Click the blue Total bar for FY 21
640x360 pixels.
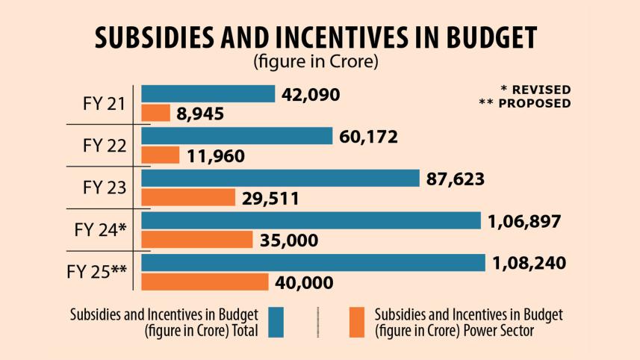[x=208, y=93]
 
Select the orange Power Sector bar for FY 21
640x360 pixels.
[x=156, y=113]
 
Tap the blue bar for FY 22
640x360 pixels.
[x=237, y=136]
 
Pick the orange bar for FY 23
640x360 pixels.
[x=188, y=197]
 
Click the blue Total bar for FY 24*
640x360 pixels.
[x=311, y=220]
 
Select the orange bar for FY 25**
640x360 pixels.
[x=205, y=282]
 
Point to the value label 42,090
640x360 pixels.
[x=311, y=94]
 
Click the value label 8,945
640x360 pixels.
[x=201, y=114]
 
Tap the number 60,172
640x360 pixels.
[x=368, y=137]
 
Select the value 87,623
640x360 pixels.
[x=455, y=179]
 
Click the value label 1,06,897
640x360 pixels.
[x=524, y=221]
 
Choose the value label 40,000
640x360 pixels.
[x=304, y=283]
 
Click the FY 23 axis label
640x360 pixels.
[x=105, y=187]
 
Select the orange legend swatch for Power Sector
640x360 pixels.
[x=358, y=322]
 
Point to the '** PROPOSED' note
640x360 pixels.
[x=524, y=103]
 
